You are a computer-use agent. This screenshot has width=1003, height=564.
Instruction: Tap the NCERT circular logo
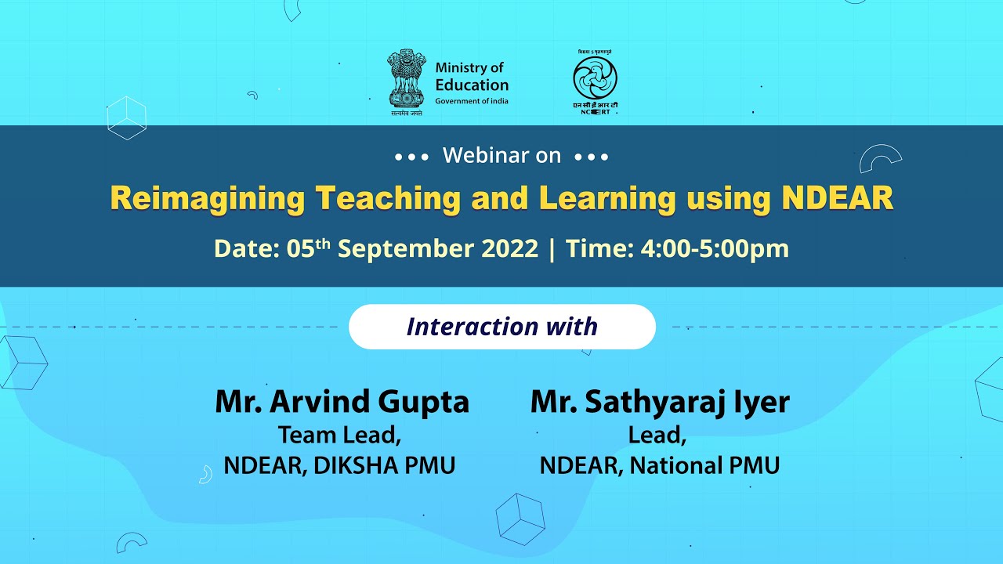[595, 79]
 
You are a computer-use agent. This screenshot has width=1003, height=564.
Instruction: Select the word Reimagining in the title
[208, 199]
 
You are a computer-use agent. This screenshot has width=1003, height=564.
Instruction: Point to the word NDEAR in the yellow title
[838, 199]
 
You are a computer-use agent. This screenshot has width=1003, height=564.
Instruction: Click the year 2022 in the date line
[509, 249]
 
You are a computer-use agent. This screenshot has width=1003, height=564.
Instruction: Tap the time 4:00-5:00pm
[714, 249]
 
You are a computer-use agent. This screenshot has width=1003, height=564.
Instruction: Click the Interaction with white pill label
[501, 327]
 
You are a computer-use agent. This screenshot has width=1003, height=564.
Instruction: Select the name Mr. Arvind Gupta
[342, 402]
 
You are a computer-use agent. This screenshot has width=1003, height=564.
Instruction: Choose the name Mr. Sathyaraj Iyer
[660, 402]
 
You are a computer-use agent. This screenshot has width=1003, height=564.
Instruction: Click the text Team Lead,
[340, 435]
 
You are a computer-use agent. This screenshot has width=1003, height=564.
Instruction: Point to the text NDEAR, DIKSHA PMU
[339, 466]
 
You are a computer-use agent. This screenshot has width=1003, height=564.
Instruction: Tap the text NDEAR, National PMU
[660, 466]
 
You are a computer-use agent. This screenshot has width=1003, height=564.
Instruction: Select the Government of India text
[472, 101]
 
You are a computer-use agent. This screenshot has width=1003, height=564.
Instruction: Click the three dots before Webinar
[411, 157]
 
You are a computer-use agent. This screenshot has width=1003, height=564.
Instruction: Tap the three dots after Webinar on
[592, 157]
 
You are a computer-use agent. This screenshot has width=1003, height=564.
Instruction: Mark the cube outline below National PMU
[520, 519]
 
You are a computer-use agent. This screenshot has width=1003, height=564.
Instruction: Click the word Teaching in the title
[388, 199]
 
